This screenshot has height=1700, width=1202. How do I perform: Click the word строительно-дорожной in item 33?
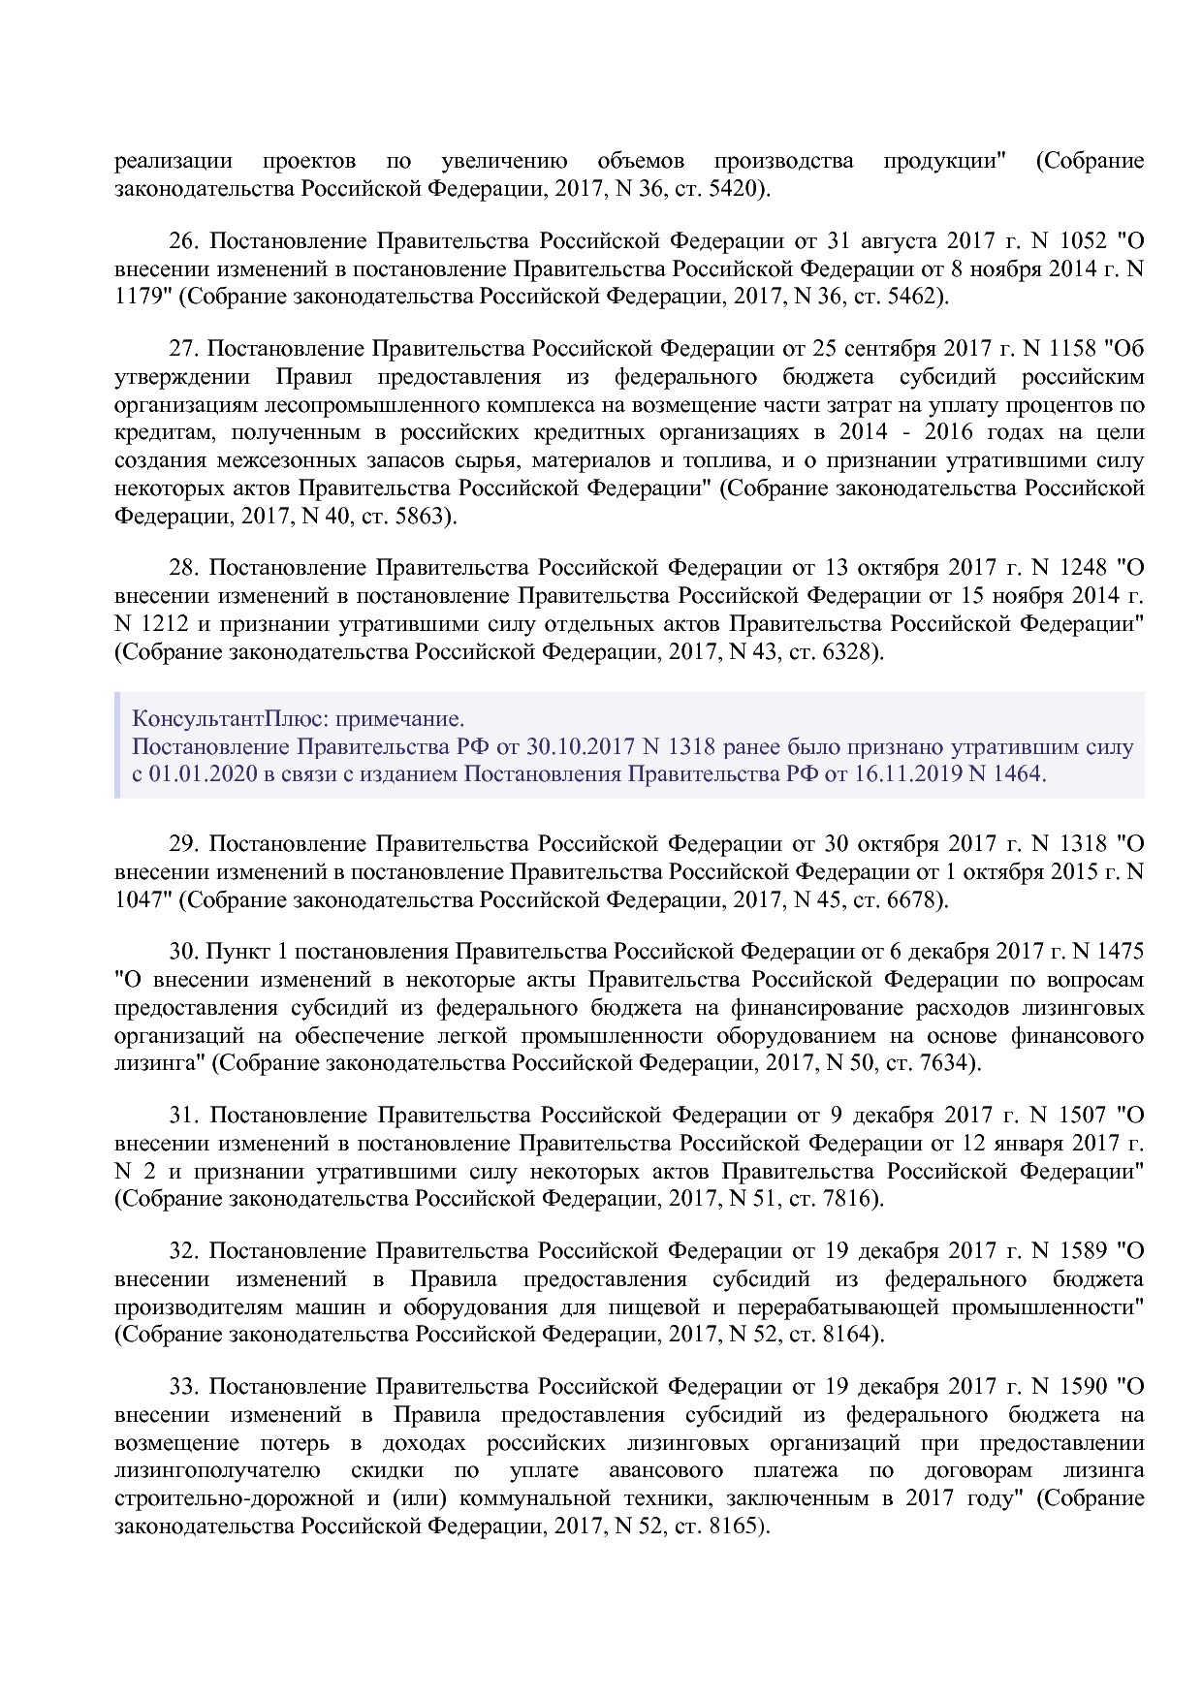[x=233, y=1498]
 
